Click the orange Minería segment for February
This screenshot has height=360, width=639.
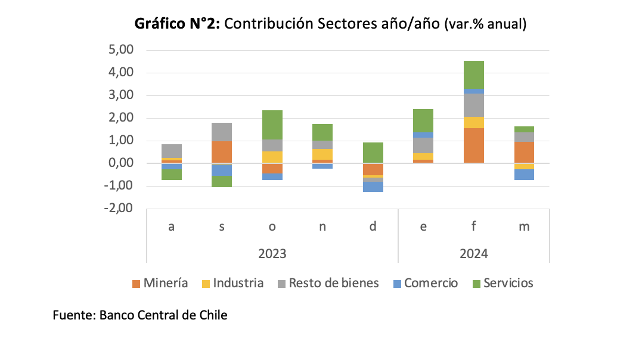(x=473, y=145)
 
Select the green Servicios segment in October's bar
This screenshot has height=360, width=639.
(x=272, y=125)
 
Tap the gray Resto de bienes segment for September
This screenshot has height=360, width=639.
(x=222, y=132)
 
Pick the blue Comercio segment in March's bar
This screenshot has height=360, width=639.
(x=524, y=175)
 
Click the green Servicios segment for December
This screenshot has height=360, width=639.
(x=373, y=153)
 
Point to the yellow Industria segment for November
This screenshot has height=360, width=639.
(x=322, y=154)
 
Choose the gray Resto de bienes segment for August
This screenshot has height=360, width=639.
(x=172, y=151)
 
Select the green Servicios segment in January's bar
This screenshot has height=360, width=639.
(x=423, y=120)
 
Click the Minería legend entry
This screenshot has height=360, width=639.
(x=159, y=283)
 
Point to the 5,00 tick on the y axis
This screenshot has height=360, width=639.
(x=122, y=50)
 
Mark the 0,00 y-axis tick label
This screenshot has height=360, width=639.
(x=122, y=163)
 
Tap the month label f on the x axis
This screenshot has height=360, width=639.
(x=473, y=226)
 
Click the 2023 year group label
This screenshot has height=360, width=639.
(x=272, y=253)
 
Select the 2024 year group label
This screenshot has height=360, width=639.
(x=473, y=253)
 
